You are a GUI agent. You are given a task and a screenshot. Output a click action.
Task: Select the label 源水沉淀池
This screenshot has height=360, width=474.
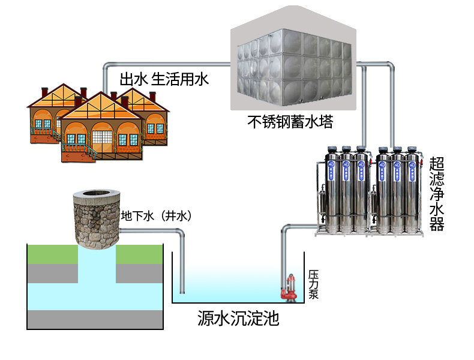coord(238,317)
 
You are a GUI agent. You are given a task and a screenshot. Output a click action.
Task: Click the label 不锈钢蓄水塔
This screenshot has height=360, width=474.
coord(290,122)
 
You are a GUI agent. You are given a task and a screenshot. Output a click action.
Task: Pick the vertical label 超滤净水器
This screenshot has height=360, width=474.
coord(436,193)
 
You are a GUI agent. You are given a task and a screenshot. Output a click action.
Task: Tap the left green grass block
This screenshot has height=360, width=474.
coord(53,254)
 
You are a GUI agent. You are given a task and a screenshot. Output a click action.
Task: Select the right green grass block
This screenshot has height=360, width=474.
coord(140,254)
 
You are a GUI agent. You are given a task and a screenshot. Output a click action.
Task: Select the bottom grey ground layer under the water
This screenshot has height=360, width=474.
coord(96,319)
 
